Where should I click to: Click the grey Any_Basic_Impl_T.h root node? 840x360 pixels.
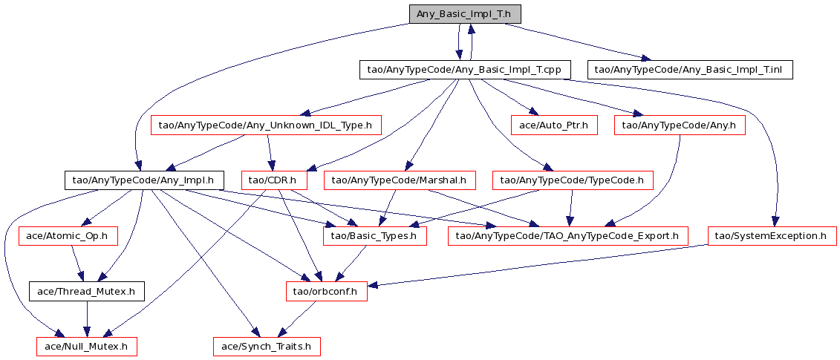coord(464,14)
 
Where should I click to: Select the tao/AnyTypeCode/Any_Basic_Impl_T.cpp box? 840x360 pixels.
coord(465,70)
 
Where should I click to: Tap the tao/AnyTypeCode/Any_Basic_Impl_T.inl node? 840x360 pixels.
coord(691,70)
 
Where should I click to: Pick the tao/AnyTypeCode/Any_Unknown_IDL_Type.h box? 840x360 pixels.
coord(266,125)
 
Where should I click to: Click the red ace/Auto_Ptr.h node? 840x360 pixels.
coord(553,125)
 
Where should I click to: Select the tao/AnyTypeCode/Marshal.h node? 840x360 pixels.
coord(399,180)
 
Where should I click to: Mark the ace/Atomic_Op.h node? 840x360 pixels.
coord(68,235)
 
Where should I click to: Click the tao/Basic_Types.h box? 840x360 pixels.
coord(374,235)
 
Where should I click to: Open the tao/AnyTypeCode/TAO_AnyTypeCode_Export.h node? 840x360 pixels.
coord(567,235)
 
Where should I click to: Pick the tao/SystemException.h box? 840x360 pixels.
coord(771,235)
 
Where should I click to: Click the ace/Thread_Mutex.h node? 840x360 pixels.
coord(86,290)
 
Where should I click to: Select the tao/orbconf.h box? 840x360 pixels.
coord(327,290)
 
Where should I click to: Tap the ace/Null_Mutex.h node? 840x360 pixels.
coord(87,345)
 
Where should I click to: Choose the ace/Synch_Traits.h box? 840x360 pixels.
coord(267,345)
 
